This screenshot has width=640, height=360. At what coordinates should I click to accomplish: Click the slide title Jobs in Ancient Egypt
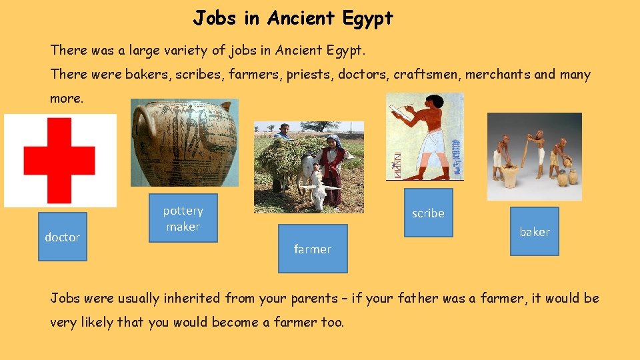293,18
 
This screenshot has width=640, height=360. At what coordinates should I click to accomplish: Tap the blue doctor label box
63,237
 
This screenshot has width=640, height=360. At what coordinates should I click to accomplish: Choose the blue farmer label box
313,249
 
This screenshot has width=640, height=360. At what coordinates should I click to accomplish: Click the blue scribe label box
428,213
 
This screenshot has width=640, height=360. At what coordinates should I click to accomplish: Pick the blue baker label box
535,231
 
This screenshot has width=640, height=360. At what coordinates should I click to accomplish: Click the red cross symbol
59,161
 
